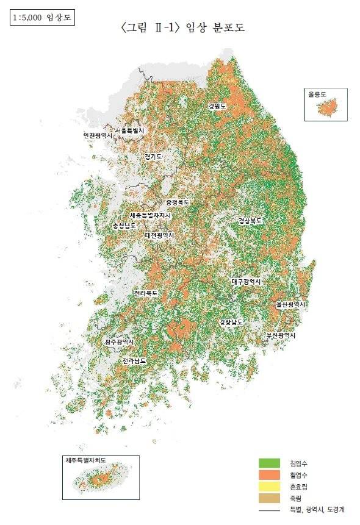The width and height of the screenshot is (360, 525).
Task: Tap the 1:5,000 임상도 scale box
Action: tap(41, 18)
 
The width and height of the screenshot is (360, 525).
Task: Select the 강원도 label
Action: tap(217, 106)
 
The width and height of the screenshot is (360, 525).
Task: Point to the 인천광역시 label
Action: tap(98, 135)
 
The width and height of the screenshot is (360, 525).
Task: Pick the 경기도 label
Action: tap(153, 157)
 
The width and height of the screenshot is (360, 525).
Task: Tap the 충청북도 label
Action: tap(178, 202)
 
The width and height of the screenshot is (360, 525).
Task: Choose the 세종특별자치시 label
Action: tap(150, 215)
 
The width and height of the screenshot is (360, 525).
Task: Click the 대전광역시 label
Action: tap(160, 235)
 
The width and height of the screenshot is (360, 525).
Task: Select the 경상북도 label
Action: tap(250, 221)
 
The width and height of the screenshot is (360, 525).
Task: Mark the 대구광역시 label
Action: tap(246, 282)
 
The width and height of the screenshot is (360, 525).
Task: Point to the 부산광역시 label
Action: tap(281, 336)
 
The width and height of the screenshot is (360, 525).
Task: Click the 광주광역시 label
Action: tap(120, 343)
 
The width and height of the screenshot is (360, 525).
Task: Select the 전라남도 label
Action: tap(134, 361)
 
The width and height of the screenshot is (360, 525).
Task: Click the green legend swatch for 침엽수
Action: tap(269, 463)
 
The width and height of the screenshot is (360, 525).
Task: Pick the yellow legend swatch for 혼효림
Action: tap(269, 487)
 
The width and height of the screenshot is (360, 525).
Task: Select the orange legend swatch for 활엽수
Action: tap(269, 475)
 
